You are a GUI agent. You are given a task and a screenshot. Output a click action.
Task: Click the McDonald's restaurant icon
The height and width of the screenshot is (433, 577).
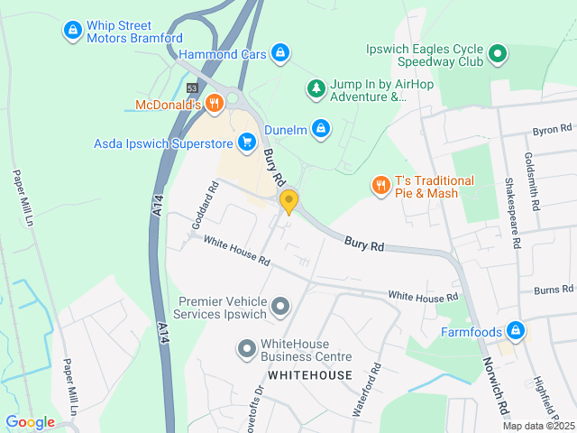click(214, 104)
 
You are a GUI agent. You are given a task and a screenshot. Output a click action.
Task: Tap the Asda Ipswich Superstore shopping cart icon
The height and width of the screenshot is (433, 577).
click(246, 142)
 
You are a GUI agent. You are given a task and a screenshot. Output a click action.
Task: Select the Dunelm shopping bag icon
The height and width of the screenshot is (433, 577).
click(320, 129)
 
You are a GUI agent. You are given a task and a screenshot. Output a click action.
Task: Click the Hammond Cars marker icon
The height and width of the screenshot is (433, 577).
click(281, 53)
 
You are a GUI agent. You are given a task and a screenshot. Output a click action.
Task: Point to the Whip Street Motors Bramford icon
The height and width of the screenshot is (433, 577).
click(72, 32)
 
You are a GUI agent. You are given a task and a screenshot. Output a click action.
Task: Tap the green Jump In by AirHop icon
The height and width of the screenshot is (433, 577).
click(315, 88)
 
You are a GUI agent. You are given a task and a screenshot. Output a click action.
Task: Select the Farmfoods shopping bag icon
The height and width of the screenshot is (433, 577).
click(515, 331)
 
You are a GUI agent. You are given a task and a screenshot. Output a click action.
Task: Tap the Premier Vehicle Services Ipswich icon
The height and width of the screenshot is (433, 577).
click(280, 308)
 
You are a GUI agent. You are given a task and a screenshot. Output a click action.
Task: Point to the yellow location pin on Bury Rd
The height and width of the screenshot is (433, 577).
click(288, 201)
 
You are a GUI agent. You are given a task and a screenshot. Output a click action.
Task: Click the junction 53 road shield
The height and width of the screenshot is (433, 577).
click(192, 88)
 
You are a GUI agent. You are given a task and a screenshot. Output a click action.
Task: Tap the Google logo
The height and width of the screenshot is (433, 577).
click(30, 422)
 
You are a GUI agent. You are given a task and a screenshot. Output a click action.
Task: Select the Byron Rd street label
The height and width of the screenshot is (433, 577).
click(552, 130)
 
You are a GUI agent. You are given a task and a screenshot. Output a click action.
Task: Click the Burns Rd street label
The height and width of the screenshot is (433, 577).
click(553, 290)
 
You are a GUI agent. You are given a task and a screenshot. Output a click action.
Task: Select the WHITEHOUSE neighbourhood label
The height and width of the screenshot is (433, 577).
click(310, 374)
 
